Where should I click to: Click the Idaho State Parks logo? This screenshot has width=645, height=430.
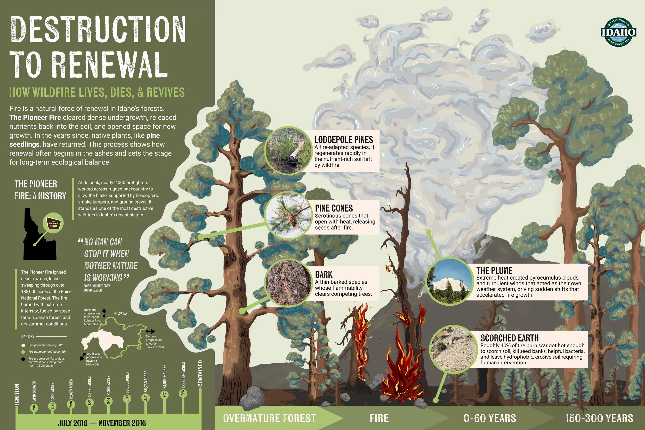pyautogui.click(x=618, y=32)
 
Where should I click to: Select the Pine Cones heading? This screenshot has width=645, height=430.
pyautogui.click(x=334, y=208)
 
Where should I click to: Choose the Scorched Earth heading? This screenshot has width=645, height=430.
pyautogui.click(x=510, y=338)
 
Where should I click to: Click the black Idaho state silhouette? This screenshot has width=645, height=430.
pyautogui.click(x=38, y=239)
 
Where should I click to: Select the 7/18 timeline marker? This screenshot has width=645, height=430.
pyautogui.click(x=34, y=408)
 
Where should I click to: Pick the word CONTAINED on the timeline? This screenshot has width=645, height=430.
pyautogui.click(x=200, y=373)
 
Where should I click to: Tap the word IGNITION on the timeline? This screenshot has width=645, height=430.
pyautogui.click(x=17, y=394)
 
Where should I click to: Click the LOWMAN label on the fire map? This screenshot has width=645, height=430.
pyautogui.click(x=122, y=313)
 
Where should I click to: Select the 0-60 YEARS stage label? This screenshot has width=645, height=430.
pyautogui.click(x=489, y=418)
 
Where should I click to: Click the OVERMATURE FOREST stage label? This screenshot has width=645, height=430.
pyautogui.click(x=269, y=418)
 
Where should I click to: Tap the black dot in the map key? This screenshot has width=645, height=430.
pyautogui.click(x=23, y=359)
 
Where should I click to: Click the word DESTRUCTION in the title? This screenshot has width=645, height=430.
pyautogui.click(x=98, y=30)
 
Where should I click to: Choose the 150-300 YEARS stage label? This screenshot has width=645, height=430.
pyautogui.click(x=599, y=418)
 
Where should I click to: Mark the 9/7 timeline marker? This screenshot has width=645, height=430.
pyautogui.click(x=165, y=395)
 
